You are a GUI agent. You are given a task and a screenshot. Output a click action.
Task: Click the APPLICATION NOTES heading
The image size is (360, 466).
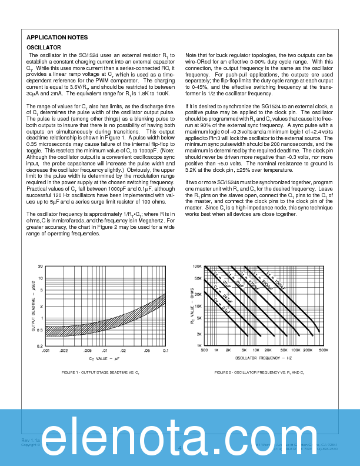[x=58, y=38]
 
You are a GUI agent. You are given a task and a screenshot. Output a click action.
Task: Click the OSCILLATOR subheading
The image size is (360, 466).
[x=44, y=47]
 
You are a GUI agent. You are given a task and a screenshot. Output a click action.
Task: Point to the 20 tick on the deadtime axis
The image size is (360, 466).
[x=40, y=267]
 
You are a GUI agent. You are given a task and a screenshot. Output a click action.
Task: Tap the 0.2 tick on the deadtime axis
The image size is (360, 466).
[x=39, y=346]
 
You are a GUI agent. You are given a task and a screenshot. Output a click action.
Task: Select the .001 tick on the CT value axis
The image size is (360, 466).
[x=45, y=351]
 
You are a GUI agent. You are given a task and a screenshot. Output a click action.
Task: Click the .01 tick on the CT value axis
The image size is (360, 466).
[x=105, y=351]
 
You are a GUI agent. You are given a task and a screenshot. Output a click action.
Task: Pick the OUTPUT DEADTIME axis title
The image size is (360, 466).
[x=33, y=306]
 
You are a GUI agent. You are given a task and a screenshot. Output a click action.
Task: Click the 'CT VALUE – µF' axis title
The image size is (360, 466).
[x=105, y=358]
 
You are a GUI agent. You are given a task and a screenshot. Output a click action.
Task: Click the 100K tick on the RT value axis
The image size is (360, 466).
[x=197, y=267]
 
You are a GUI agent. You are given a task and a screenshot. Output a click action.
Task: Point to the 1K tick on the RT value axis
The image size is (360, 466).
[x=198, y=346]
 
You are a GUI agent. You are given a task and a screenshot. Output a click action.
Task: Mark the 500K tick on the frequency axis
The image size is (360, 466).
[x=324, y=351]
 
